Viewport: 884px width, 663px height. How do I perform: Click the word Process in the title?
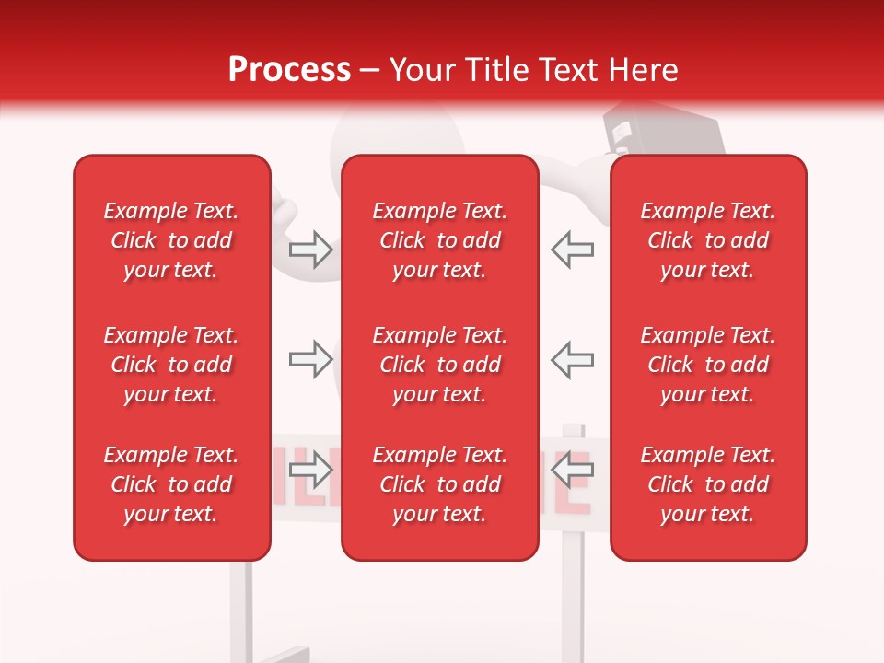(x=289, y=70)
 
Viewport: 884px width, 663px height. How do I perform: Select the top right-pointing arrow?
(x=310, y=250)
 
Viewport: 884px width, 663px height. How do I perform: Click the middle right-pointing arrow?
(x=310, y=360)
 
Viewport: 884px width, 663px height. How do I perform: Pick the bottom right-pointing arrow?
(x=310, y=471)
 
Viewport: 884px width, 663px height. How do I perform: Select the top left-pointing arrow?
(x=573, y=250)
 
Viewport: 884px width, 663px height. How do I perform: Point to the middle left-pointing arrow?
(x=573, y=360)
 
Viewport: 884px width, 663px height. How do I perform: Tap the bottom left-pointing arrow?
(x=573, y=471)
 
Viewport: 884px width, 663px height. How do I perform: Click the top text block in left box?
(x=171, y=240)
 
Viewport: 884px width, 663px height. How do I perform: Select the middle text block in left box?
(x=171, y=365)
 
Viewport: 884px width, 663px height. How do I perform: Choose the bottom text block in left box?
(x=171, y=484)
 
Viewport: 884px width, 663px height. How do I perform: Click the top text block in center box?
(x=439, y=240)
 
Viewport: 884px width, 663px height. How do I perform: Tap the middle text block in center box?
(x=439, y=365)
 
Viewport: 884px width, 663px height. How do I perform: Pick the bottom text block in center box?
(x=439, y=484)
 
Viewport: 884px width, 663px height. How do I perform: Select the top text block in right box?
(x=707, y=240)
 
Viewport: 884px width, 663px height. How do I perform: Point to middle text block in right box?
(x=707, y=365)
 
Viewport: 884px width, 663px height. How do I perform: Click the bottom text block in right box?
(x=707, y=484)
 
